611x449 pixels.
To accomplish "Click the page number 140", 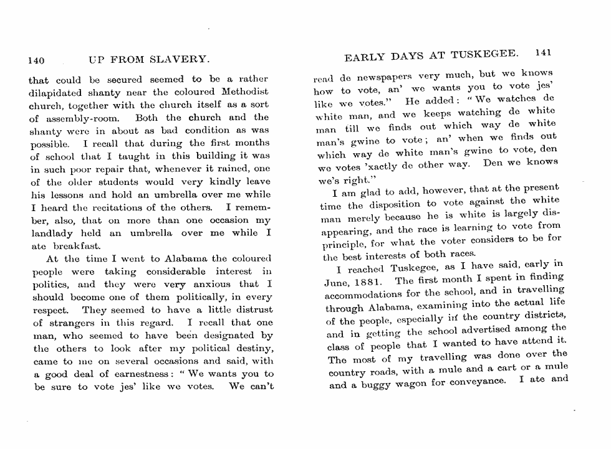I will click(36, 60).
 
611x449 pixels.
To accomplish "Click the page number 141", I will click(544, 54).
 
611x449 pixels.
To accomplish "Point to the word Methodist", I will click(241, 92).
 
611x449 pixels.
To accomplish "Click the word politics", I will click(52, 284).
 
